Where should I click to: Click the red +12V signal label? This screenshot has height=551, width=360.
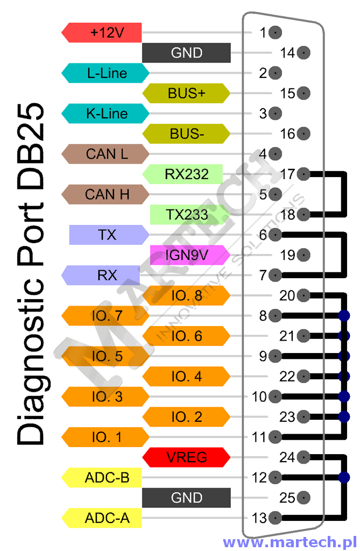(x=102, y=33)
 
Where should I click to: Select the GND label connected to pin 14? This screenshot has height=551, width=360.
(x=186, y=53)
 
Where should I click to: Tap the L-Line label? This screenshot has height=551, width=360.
(x=105, y=73)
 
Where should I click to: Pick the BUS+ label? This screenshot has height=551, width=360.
(x=186, y=94)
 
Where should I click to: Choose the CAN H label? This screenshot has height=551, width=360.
(x=105, y=194)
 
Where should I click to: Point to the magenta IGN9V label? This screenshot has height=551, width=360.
(x=190, y=255)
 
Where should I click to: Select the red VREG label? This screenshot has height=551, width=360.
(x=186, y=457)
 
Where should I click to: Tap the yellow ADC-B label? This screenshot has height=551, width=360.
(x=102, y=478)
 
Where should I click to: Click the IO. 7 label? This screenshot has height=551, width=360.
(x=105, y=315)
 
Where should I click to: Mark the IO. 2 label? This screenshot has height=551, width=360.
(x=186, y=417)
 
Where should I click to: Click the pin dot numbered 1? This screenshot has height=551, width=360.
(x=276, y=33)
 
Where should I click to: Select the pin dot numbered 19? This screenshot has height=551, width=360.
(x=303, y=255)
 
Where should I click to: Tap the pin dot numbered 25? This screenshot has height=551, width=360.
(x=303, y=498)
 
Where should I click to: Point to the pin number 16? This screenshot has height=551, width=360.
(x=287, y=134)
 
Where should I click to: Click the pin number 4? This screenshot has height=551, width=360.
(x=263, y=154)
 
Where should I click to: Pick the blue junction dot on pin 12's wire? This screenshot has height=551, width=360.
(x=344, y=478)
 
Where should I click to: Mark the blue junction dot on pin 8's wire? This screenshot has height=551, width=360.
(x=344, y=315)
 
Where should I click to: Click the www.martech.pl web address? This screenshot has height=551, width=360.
(x=290, y=542)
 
